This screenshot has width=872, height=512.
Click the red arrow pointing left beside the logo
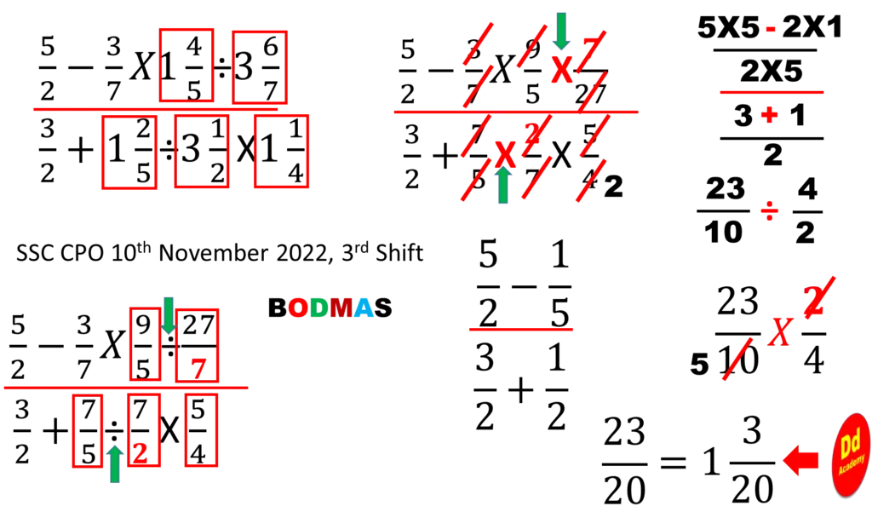coord(800,460)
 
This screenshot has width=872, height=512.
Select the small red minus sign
coord(770,29)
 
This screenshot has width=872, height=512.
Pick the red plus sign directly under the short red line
coord(769,116)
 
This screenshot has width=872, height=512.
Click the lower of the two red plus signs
coord(769,210)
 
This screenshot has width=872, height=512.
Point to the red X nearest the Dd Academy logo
coord(779,331)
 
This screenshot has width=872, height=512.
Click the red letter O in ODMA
coord(298,308)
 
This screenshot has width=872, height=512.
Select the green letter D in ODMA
coord(318,308)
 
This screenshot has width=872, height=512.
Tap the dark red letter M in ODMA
coord(341,308)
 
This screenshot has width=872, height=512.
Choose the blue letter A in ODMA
coord(364,308)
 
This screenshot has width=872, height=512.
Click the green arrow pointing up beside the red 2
coord(115,463)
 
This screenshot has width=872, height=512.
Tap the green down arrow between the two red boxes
coord(169,315)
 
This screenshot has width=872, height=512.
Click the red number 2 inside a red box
coord(139,454)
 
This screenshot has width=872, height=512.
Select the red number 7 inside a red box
coord(198,369)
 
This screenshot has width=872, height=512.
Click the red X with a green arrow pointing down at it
coord(561,70)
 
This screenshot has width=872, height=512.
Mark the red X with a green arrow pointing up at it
coord(506,154)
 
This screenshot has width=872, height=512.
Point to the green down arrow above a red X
coord(560,30)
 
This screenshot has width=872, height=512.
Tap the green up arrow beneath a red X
coord(503,186)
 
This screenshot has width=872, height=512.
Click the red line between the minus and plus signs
coord(770,92)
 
